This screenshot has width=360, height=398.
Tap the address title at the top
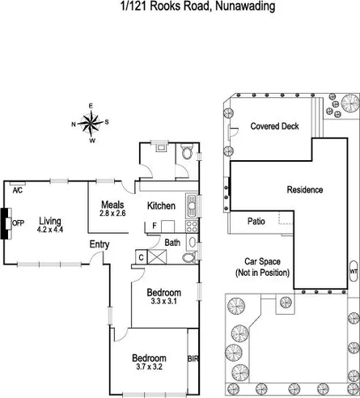(180, 6)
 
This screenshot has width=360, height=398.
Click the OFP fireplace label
(18, 222)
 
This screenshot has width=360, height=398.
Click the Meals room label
(112, 204)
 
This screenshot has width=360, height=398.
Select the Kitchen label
(161, 206)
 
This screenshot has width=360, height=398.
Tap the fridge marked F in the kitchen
(154, 227)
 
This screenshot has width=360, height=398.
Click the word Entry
(100, 245)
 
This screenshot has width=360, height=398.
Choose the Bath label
(172, 242)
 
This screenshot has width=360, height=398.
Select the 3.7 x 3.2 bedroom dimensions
(150, 366)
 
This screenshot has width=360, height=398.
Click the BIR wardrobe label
(193, 358)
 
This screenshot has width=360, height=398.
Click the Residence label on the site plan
(305, 190)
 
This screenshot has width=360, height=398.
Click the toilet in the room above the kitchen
(186, 152)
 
